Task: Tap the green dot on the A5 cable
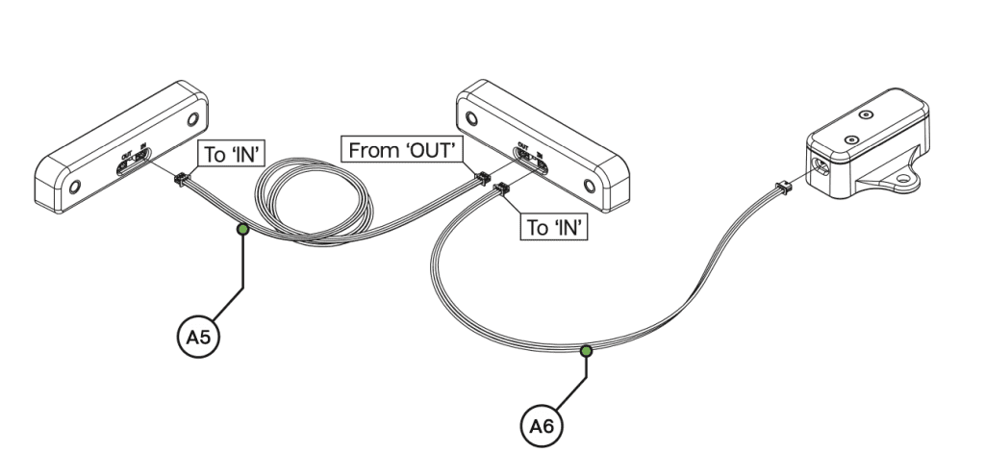pyautogui.click(x=243, y=229)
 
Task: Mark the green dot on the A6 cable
pyautogui.click(x=586, y=351)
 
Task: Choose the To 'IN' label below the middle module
pyautogui.click(x=554, y=228)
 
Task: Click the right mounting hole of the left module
pyautogui.click(x=191, y=120)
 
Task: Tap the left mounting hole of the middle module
pyautogui.click(x=471, y=119)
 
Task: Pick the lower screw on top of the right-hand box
pyautogui.click(x=849, y=140)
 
